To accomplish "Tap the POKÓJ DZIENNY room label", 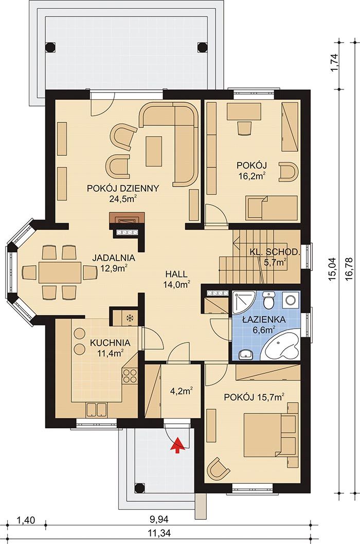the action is point(123,188).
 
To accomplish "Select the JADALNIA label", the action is point(114,258).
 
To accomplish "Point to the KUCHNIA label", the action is point(110,343).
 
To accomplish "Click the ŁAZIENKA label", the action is point(264,319).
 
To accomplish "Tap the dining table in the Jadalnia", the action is point(60,272).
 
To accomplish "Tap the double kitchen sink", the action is point(97,409).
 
